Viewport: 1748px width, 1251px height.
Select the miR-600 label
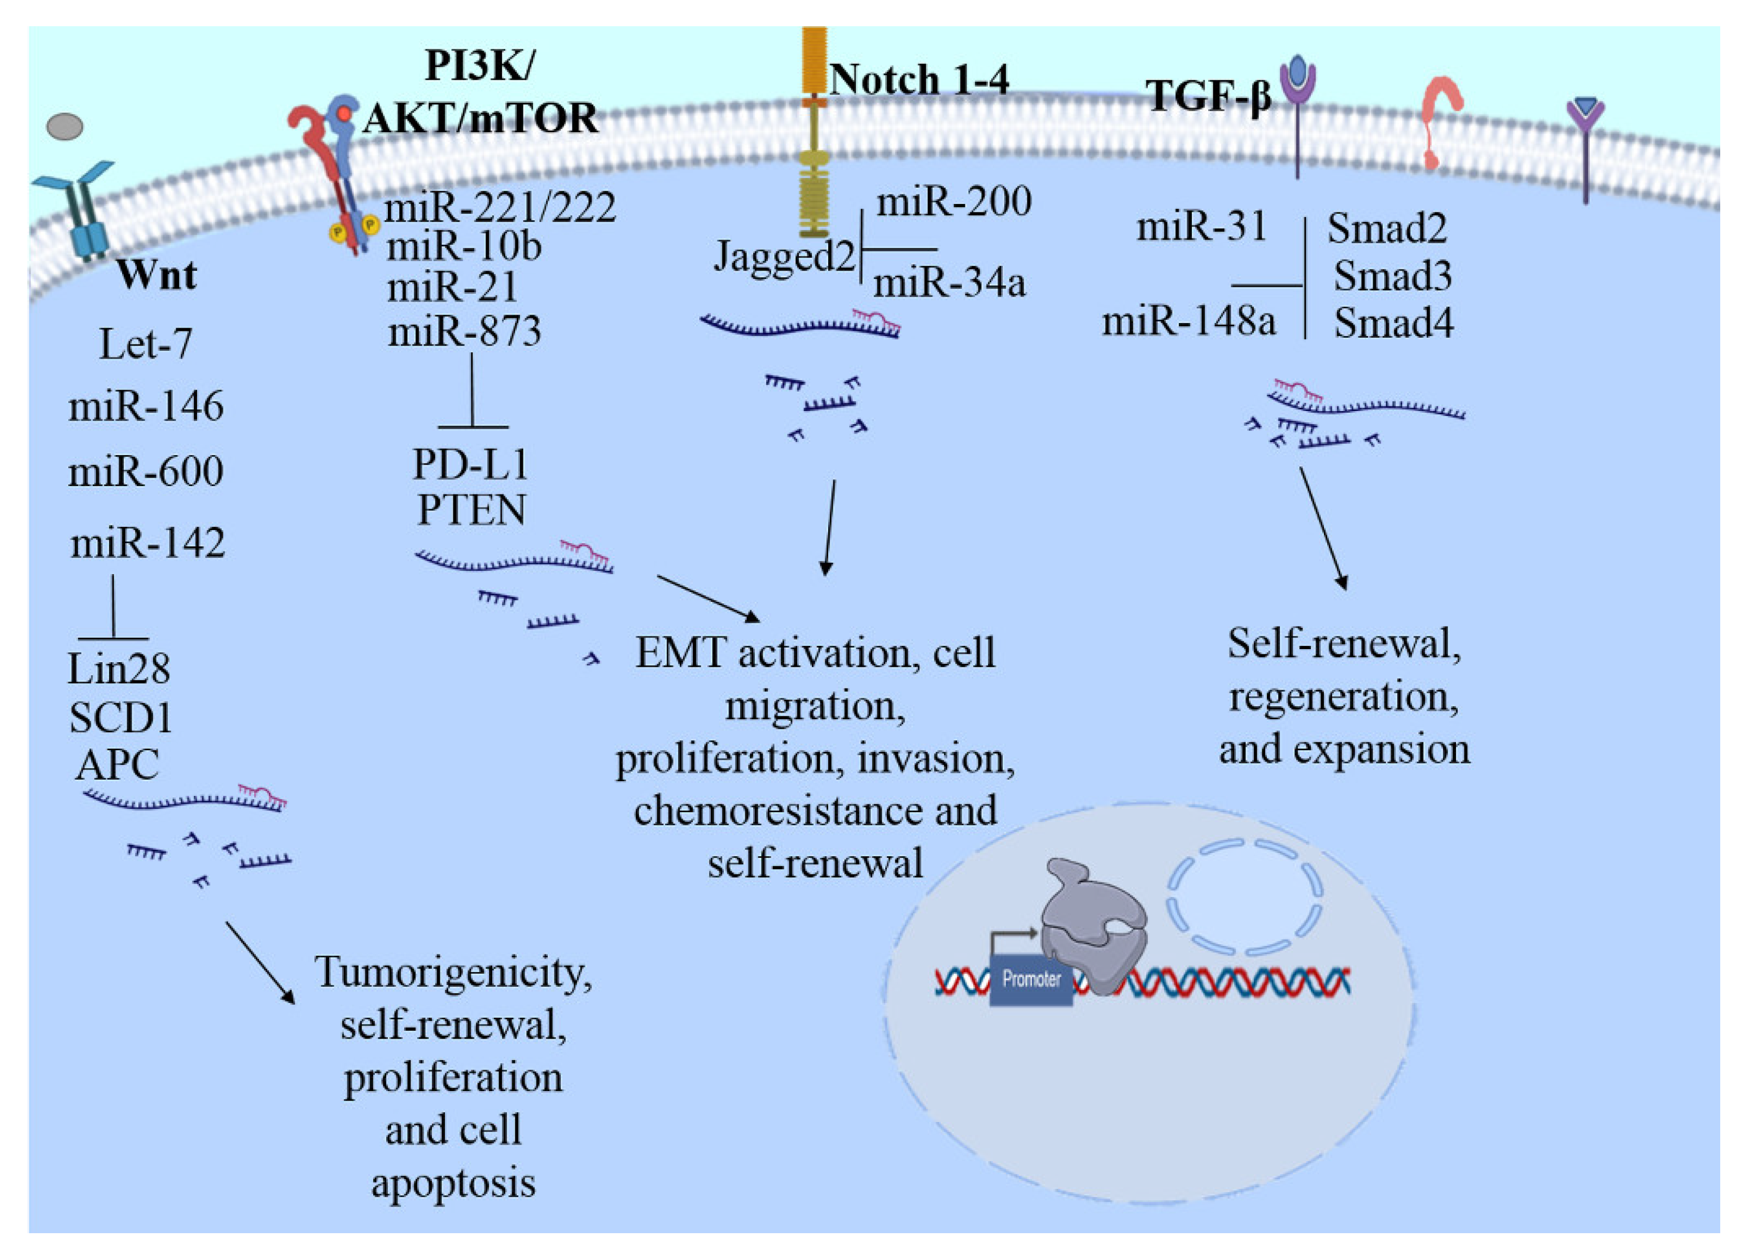[146, 471]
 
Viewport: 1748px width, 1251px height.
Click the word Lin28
[118, 668]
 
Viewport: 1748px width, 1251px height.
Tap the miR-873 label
[464, 331]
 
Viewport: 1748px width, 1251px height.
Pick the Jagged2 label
[784, 256]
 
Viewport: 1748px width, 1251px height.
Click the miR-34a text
[949, 282]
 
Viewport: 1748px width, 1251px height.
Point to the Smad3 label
[1392, 276]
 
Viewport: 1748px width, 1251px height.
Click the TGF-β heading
[1208, 96]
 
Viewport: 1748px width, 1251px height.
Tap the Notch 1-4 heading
[918, 79]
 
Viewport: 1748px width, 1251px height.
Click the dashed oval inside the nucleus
[1245, 898]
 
